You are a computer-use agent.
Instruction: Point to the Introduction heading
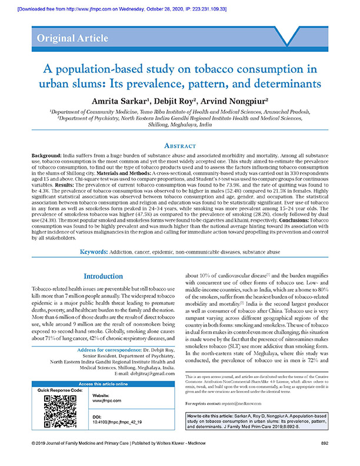tap(103, 276)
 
